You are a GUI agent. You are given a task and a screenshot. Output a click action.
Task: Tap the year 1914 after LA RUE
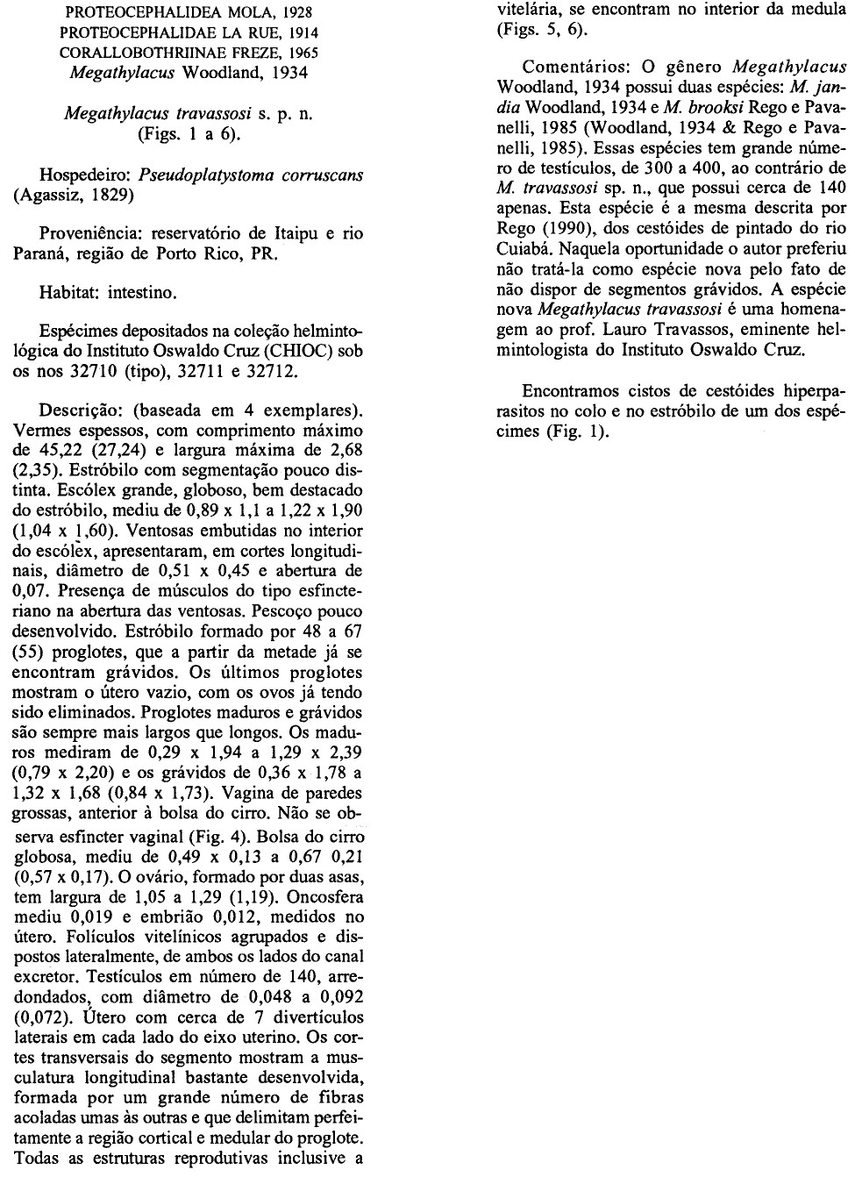(293, 32)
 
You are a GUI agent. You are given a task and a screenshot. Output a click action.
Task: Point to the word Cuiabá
(524, 248)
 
